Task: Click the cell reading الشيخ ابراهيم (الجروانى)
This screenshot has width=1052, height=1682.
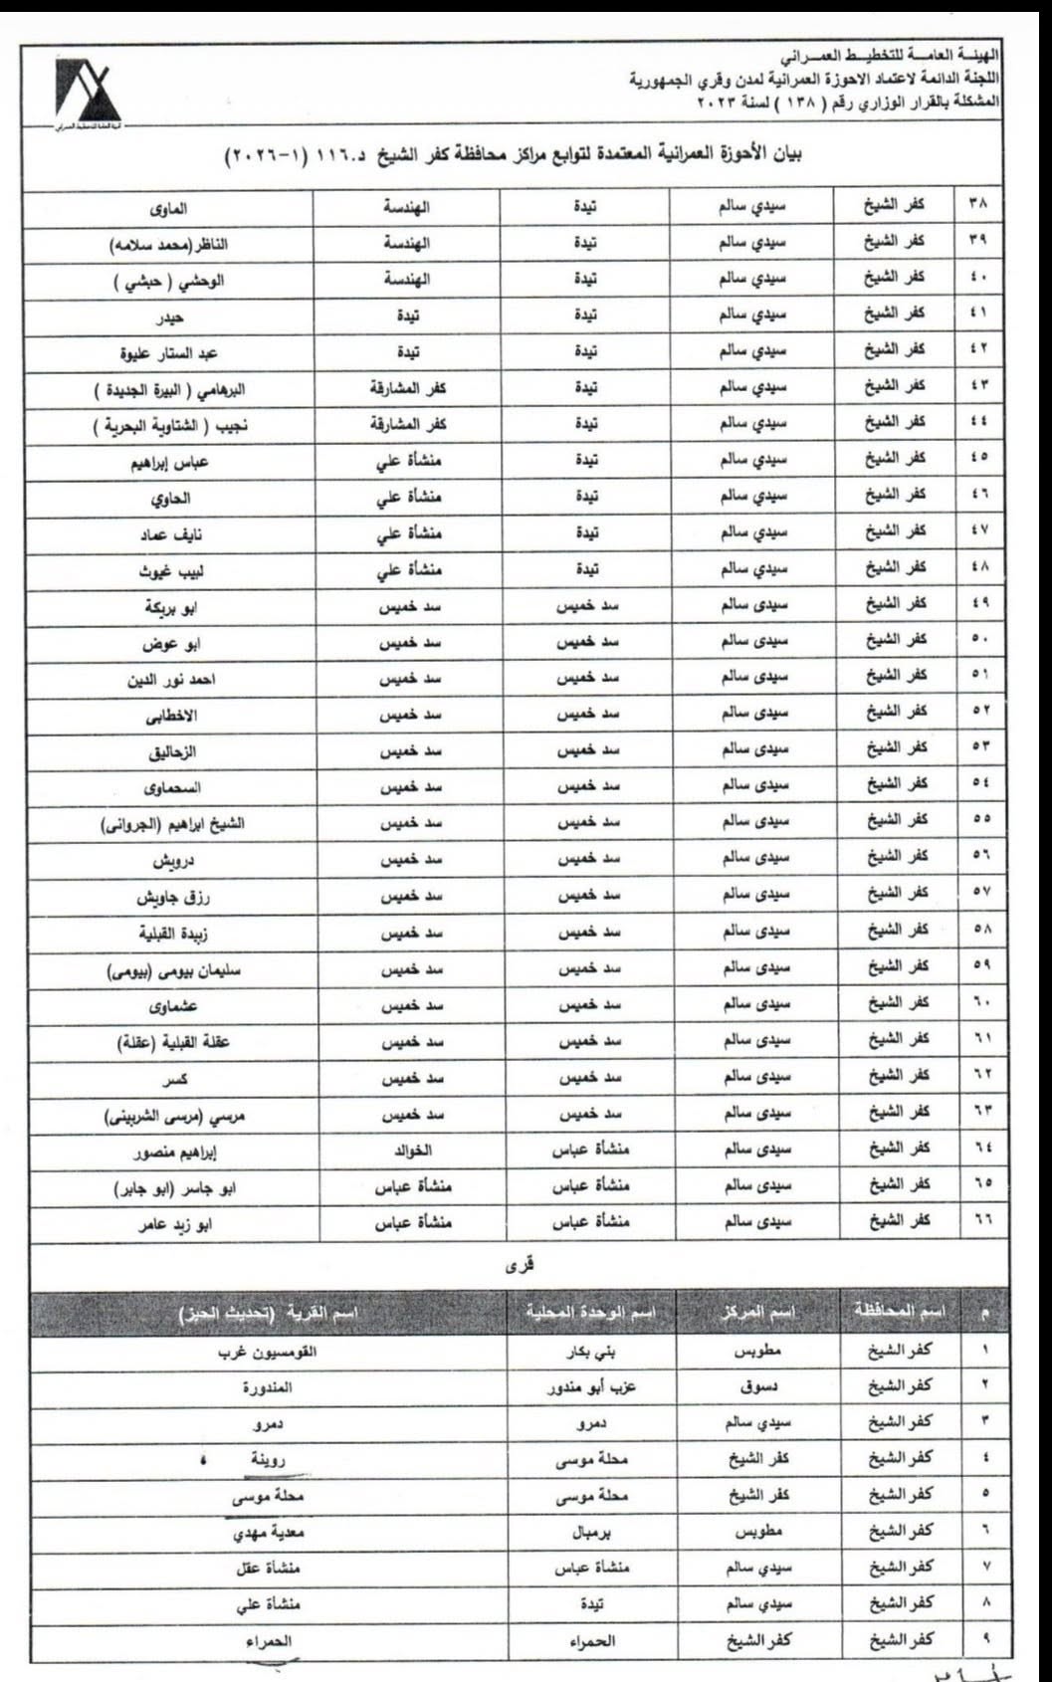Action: [173, 824]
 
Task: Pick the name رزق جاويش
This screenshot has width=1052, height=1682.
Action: [173, 898]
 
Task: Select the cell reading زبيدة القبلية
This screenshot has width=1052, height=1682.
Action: [173, 934]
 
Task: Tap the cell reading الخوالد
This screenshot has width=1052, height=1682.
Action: [413, 1151]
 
